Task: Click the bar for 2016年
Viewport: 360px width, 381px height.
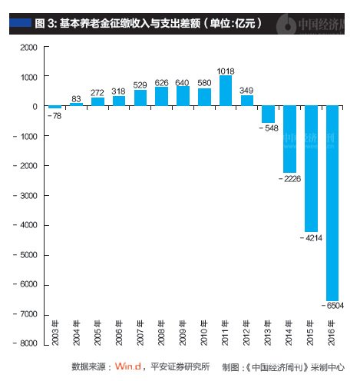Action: [x=332, y=203]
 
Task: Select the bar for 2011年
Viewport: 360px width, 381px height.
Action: [x=226, y=91]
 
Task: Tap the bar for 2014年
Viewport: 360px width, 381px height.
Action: [x=289, y=139]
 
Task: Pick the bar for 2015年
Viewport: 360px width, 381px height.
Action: [x=311, y=169]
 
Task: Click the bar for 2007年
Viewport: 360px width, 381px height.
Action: [x=140, y=98]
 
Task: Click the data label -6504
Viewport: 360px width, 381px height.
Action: [x=334, y=305]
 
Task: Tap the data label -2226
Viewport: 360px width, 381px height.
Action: [x=289, y=178]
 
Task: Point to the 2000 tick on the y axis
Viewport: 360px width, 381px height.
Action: [x=28, y=48]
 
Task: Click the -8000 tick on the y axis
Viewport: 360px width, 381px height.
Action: [x=25, y=344]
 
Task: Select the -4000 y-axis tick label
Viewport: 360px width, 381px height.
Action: [x=25, y=226]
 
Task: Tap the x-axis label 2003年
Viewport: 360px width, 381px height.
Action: [x=54, y=337]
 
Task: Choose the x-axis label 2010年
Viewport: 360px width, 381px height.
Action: [x=204, y=337]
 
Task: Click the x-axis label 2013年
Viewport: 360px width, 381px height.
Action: [x=268, y=337]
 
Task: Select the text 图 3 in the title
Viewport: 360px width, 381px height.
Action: [x=45, y=23]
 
